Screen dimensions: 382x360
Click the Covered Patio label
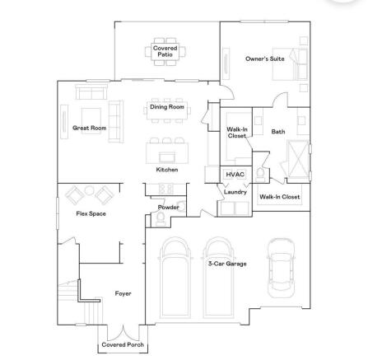click(165, 51)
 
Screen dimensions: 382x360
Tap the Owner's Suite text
click(265, 58)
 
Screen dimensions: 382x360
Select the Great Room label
click(89, 128)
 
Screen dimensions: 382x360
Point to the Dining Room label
click(167, 107)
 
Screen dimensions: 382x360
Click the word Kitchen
click(167, 170)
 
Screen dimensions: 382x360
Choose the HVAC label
click(235, 175)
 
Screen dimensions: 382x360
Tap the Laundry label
click(235, 192)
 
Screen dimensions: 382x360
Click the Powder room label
click(168, 208)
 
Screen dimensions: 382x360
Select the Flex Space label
click(91, 213)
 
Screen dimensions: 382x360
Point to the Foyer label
click(123, 293)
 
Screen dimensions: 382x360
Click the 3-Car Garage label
click(227, 264)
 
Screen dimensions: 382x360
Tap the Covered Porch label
click(123, 344)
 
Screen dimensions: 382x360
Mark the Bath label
click(278, 132)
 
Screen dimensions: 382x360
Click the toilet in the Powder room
click(161, 219)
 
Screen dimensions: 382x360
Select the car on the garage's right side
click(281, 268)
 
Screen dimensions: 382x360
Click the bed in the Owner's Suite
click(290, 64)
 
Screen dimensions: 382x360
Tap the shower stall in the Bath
click(298, 159)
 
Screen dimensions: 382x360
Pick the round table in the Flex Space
click(89, 190)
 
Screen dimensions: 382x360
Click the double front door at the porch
click(123, 333)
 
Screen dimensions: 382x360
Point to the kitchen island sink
click(167, 157)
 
